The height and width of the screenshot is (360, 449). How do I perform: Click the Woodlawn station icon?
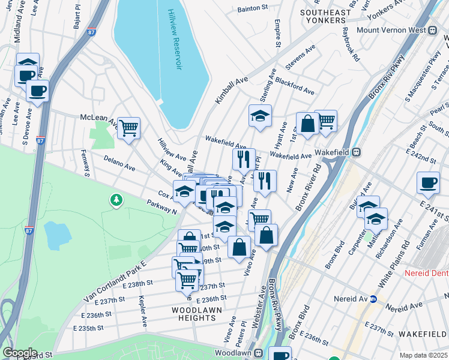point(259,353)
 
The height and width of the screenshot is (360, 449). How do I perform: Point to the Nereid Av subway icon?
point(373,298)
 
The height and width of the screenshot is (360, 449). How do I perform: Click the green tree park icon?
point(115,199)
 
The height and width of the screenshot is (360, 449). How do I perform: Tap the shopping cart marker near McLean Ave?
point(128,128)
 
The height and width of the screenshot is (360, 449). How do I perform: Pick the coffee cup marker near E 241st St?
point(427,182)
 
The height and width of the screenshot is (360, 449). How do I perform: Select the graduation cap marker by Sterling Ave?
point(260,115)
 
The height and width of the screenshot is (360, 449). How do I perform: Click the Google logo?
point(19,352)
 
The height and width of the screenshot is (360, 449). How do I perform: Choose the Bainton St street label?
point(252,8)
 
